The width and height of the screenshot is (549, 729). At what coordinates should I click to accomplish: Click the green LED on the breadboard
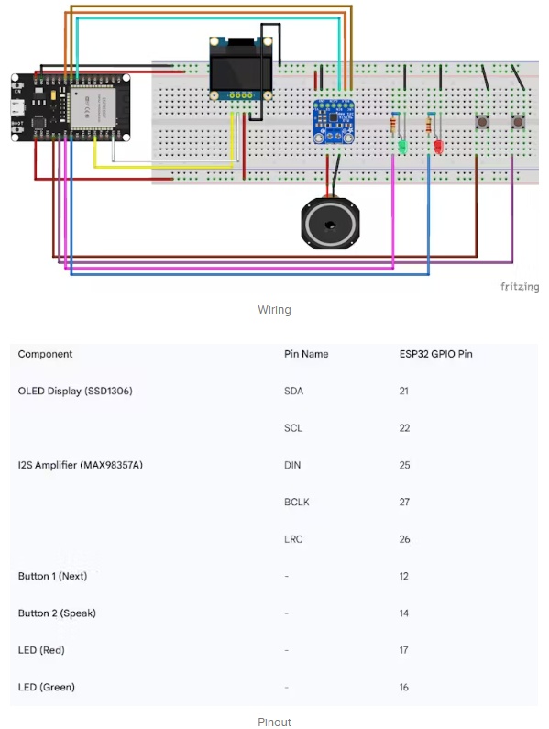tap(402, 148)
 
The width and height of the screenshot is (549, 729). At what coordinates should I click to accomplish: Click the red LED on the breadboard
tap(438, 147)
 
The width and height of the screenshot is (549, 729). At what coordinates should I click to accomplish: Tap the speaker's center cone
tap(330, 226)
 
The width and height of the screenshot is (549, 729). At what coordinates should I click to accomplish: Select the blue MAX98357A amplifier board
tap(334, 121)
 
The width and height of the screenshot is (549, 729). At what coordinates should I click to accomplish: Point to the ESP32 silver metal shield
tap(93, 107)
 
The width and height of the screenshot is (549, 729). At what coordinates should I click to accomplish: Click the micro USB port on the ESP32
tap(17, 107)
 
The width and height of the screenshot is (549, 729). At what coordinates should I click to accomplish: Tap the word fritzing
tap(520, 286)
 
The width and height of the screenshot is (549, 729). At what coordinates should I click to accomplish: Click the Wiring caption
tap(274, 310)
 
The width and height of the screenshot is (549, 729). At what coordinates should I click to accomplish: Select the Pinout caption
tap(274, 722)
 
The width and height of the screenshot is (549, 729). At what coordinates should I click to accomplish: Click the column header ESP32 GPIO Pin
tap(435, 354)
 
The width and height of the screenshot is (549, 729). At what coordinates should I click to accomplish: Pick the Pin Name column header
tap(306, 354)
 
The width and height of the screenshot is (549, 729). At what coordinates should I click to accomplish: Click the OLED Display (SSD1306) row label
tap(75, 391)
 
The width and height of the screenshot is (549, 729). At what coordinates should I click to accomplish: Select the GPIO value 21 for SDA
tap(403, 391)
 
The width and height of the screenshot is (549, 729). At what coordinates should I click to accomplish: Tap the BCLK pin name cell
tap(297, 503)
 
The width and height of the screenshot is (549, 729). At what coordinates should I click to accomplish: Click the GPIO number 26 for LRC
tap(404, 539)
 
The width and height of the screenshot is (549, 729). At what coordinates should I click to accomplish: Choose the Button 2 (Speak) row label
tap(57, 613)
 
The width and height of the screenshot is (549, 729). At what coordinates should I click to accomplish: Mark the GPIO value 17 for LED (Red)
tap(403, 650)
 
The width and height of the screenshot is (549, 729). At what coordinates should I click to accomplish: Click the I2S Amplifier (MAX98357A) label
tap(81, 465)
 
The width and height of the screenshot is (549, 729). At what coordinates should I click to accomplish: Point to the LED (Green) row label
tap(47, 687)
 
